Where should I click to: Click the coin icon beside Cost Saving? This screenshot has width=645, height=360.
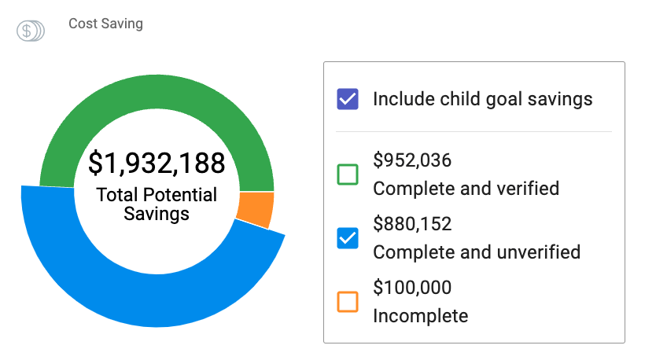[30, 31]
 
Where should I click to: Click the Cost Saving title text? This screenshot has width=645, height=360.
[105, 24]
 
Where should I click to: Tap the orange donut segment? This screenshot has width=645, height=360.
[256, 209]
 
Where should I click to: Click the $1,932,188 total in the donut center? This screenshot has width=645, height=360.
[157, 163]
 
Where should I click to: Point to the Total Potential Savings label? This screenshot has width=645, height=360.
[157, 204]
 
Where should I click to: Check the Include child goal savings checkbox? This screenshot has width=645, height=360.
[347, 99]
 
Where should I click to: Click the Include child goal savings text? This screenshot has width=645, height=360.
[482, 99]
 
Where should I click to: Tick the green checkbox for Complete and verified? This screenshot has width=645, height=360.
[347, 174]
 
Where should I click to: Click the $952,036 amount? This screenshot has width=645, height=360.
[412, 161]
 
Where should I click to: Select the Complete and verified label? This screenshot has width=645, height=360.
[466, 189]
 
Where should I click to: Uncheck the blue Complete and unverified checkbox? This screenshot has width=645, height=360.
[347, 238]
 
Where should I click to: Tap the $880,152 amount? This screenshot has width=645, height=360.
[412, 225]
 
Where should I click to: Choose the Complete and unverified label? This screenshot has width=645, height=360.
[477, 252]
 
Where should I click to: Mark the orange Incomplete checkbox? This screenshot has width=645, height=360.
[347, 302]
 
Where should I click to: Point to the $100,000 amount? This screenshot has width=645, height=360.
[412, 288]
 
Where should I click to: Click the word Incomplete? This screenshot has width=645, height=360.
[420, 316]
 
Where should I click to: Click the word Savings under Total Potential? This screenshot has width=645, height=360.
[157, 214]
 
